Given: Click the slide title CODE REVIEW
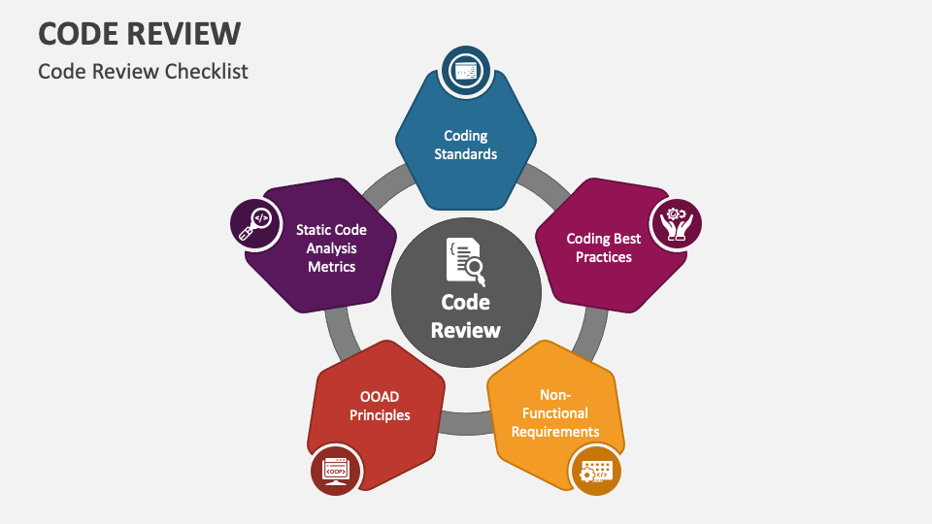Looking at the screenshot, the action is pos(140,33).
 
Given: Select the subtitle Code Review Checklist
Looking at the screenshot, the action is pos(144,71).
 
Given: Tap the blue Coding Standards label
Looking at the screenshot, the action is pos(465,145).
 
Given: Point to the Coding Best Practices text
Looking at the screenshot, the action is pos(603,247).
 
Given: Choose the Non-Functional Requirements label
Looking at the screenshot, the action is pos(555,413).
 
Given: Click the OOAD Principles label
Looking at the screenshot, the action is pos(380,406).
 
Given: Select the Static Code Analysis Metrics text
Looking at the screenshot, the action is pos(331,248).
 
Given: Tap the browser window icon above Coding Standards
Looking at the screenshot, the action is pos(465,71).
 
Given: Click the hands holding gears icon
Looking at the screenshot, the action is pos(676,224).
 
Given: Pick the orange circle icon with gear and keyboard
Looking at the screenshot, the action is pos(595,471).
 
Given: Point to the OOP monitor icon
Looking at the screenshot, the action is pos(336,471).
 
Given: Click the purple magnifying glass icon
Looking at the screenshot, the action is pos(255,224).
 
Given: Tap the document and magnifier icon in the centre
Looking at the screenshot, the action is pos(465,261).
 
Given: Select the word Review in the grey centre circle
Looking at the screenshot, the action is pos(465,330).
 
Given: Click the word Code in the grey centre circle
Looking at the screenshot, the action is pos(465,302).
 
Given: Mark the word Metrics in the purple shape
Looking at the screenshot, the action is pos(331,266).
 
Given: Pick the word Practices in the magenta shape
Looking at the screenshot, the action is pos(603,256).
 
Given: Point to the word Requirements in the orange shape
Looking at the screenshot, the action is pos(555,432).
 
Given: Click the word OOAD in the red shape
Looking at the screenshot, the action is pos(380,396).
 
